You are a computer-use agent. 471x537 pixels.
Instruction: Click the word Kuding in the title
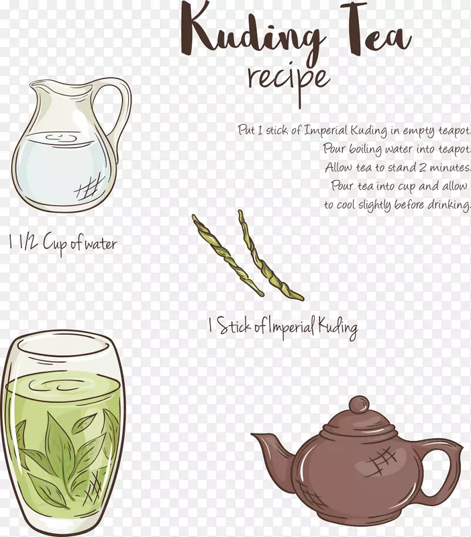pyautogui.click(x=254, y=32)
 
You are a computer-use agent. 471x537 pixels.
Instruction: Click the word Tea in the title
pyautogui.click(x=376, y=31)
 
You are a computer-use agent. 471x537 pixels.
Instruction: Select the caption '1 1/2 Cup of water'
pyautogui.click(x=62, y=242)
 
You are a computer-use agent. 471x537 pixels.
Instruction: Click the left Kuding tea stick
pyautogui.click(x=227, y=255)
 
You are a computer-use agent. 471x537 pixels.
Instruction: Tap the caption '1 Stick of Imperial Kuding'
pyautogui.click(x=282, y=326)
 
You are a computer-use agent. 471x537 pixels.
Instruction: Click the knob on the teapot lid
pyautogui.click(x=360, y=405)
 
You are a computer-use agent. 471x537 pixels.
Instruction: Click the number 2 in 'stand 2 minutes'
pyautogui.click(x=423, y=167)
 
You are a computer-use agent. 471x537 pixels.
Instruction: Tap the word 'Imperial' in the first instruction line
pyautogui.click(x=326, y=130)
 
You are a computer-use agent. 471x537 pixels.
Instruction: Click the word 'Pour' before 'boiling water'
pyautogui.click(x=335, y=148)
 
